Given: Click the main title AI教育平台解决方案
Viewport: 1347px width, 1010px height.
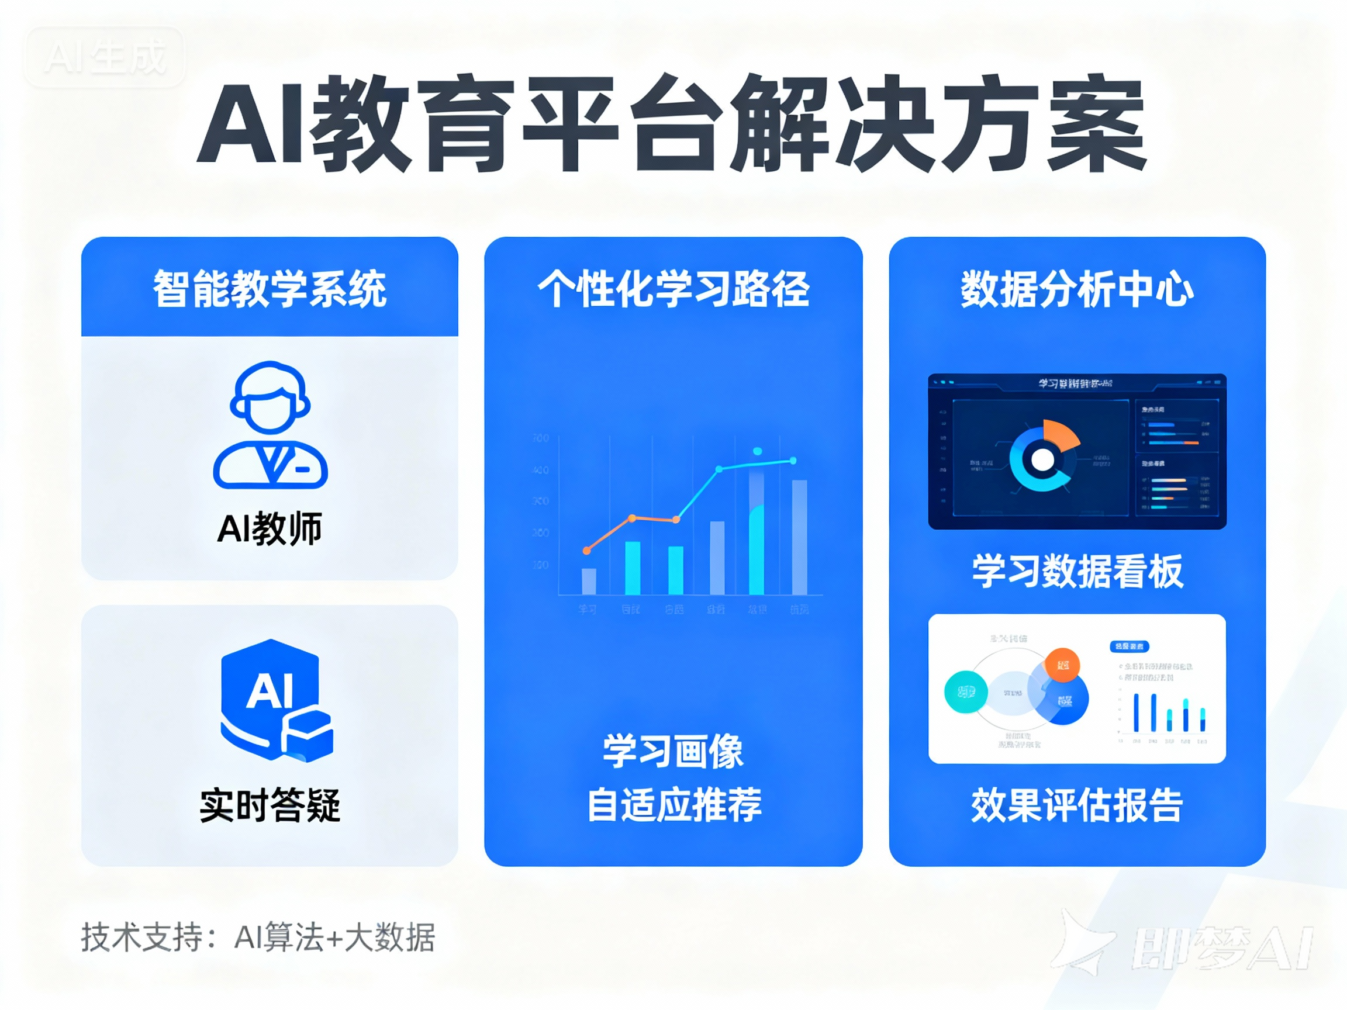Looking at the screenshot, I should (x=672, y=125).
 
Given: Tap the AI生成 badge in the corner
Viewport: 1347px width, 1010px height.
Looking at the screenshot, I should (x=105, y=57).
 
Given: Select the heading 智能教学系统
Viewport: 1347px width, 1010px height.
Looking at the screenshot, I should (x=270, y=289).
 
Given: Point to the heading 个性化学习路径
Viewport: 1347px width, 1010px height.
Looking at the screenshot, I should (x=673, y=289).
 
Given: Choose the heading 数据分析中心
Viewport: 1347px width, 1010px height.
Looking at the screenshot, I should (x=1077, y=289).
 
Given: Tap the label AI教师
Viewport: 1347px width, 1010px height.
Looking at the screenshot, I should (x=270, y=528).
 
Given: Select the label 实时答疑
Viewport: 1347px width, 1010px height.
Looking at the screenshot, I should (x=270, y=805).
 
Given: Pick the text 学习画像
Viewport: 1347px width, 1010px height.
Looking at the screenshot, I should (x=673, y=751).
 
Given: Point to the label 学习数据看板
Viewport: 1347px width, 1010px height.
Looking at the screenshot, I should (x=1077, y=571).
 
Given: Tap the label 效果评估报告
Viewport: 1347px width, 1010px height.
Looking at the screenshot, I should (x=1077, y=805).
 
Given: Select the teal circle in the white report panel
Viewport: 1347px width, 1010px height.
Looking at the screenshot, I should (x=966, y=692).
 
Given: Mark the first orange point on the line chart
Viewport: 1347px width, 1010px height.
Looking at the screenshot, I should (x=587, y=551).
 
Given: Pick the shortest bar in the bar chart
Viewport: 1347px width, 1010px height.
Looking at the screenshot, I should (x=589, y=582).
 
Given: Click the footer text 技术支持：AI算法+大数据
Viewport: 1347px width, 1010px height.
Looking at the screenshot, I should (x=258, y=938).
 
